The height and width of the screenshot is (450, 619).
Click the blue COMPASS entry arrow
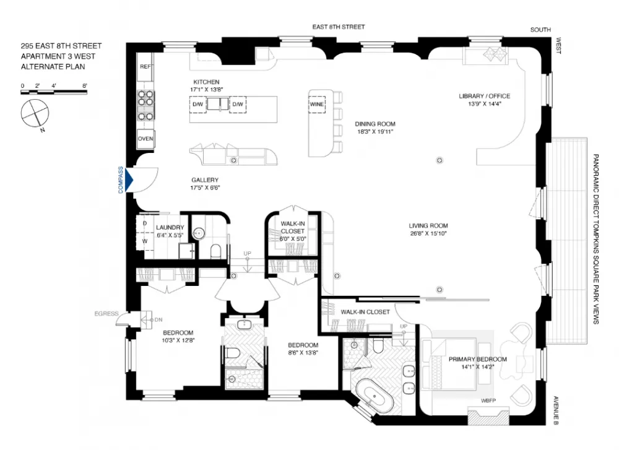(x=129, y=180)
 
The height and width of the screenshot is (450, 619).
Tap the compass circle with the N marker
(x=35, y=113)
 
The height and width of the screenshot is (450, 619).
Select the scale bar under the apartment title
(x=54, y=92)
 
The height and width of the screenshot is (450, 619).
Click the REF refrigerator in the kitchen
(x=145, y=67)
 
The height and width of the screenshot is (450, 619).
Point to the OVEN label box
(x=145, y=139)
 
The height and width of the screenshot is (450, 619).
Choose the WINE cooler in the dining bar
(x=316, y=104)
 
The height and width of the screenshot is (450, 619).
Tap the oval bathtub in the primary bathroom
(x=373, y=396)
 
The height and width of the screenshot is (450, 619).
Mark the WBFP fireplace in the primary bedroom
(x=488, y=416)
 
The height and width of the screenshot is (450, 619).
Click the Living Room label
(x=428, y=226)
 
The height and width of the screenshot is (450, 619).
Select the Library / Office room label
(x=485, y=96)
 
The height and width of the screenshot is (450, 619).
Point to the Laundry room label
(x=170, y=227)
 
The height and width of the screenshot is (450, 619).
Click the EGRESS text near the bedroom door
(x=106, y=314)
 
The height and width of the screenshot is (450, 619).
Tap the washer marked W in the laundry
(x=145, y=241)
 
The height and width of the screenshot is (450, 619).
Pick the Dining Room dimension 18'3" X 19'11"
(x=375, y=132)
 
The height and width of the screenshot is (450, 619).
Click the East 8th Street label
(x=339, y=27)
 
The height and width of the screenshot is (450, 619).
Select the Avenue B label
(x=555, y=410)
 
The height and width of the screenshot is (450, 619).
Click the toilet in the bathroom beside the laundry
(x=215, y=251)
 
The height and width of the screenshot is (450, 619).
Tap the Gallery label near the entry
(x=205, y=180)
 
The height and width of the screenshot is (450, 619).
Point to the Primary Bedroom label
(x=478, y=359)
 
